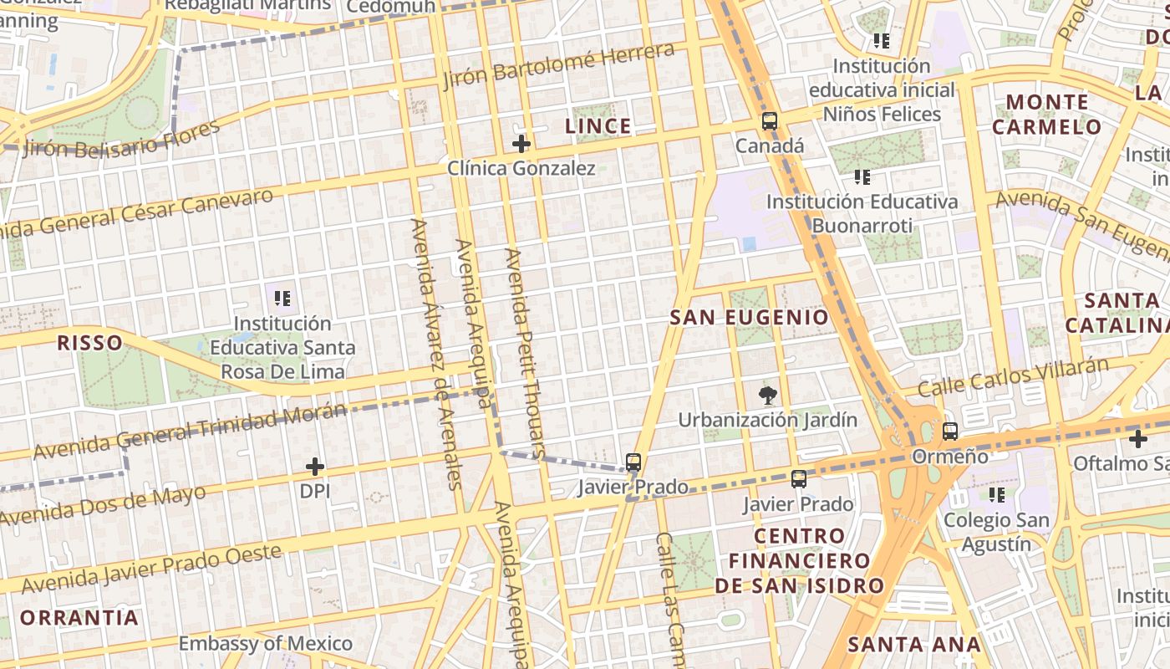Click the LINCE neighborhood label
pyautogui.click(x=598, y=126)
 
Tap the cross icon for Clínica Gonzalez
pyautogui.click(x=521, y=144)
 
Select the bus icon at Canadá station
pyautogui.click(x=770, y=121)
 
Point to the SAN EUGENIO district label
pyautogui.click(x=750, y=318)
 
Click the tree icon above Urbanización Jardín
pyautogui.click(x=766, y=396)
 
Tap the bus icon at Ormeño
pyautogui.click(x=950, y=432)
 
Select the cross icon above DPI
pyautogui.click(x=315, y=467)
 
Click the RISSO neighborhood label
pyautogui.click(x=89, y=342)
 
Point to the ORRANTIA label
pyautogui.click(x=79, y=618)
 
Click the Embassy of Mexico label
pyautogui.click(x=266, y=643)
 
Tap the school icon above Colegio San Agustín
pyautogui.click(x=996, y=495)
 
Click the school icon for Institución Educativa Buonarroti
pyautogui.click(x=862, y=177)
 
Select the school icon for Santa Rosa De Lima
pyautogui.click(x=282, y=298)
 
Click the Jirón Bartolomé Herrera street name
pyautogui.click(x=558, y=65)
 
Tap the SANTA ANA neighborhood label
pyautogui.click(x=913, y=644)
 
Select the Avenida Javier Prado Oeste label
pyautogui.click(x=150, y=569)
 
